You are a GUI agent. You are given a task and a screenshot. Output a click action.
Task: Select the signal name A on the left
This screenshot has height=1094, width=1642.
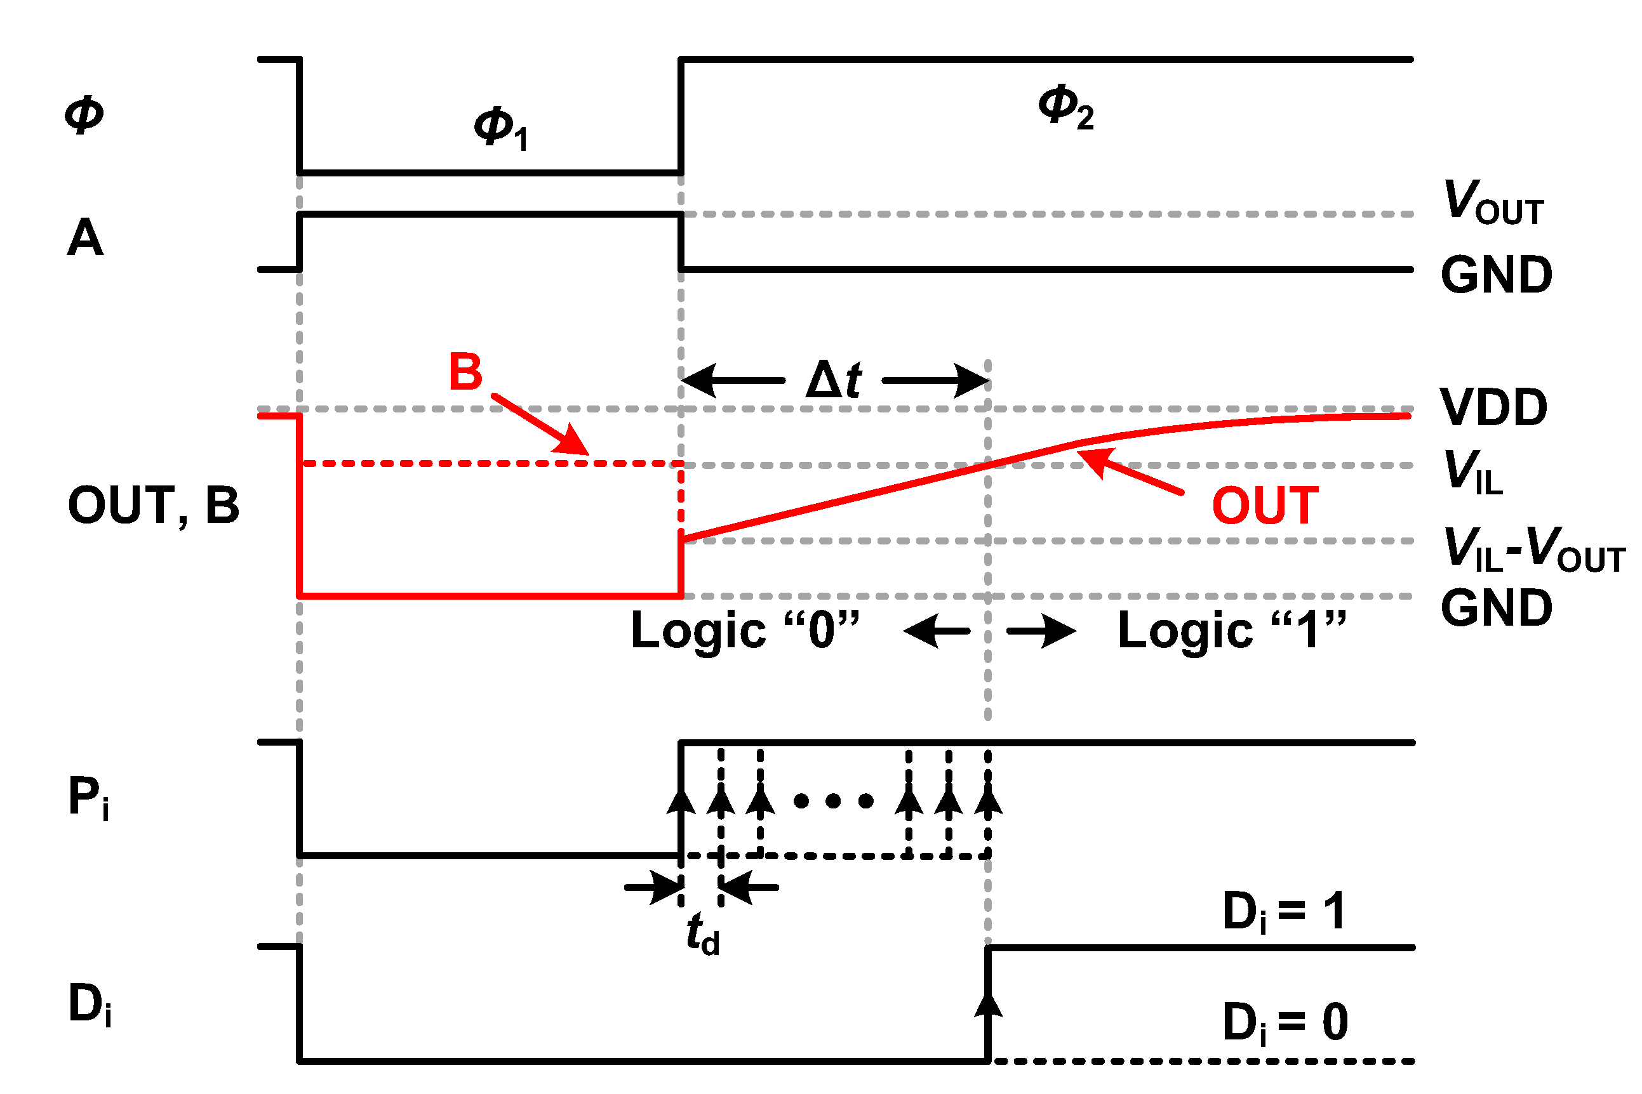click(x=85, y=239)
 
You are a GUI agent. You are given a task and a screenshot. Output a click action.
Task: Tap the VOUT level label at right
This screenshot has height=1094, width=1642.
click(x=1493, y=203)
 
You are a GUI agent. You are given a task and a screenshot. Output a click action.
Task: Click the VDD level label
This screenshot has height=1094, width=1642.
click(x=1493, y=407)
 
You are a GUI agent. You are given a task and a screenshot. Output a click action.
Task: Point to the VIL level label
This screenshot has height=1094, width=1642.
click(x=1472, y=472)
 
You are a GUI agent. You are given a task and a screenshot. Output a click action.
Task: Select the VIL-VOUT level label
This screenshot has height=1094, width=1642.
click(x=1533, y=550)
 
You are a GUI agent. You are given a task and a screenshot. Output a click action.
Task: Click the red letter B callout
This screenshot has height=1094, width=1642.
click(x=465, y=372)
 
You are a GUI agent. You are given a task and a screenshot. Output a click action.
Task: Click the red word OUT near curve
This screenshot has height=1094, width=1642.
click(x=1265, y=506)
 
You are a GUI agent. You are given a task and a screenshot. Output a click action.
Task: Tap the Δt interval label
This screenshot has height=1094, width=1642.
click(x=834, y=380)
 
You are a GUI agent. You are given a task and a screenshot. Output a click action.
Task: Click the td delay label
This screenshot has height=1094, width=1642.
click(x=702, y=934)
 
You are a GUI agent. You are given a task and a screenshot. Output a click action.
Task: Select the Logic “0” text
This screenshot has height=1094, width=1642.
click(x=745, y=631)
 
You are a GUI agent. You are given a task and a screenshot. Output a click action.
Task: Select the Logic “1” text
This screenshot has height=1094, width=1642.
click(x=1232, y=631)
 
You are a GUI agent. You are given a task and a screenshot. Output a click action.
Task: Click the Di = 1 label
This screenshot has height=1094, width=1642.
click(x=1284, y=912)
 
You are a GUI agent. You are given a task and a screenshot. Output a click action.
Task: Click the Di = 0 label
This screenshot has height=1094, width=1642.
click(x=1285, y=1023)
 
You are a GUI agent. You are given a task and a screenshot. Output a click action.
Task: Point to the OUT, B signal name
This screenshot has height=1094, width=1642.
click(x=154, y=505)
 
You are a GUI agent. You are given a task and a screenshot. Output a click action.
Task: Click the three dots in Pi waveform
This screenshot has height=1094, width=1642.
click(x=834, y=801)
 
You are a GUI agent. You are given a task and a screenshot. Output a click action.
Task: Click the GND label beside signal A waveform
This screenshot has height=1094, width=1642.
click(x=1496, y=275)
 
